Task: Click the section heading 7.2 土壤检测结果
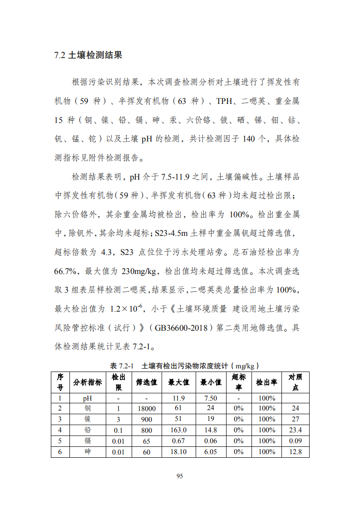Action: [x=88, y=56]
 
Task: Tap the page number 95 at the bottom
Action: [x=179, y=476]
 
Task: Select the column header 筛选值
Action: [x=146, y=382]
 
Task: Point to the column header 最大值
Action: [x=178, y=382]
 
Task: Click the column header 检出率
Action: [x=266, y=382]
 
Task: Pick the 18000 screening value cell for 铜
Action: [x=146, y=408]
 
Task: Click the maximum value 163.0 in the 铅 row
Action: [x=178, y=430]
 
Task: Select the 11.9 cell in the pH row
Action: [x=178, y=398]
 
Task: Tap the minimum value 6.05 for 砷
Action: [x=211, y=452]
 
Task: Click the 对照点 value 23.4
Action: [x=296, y=430]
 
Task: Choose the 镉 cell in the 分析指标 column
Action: [x=88, y=441]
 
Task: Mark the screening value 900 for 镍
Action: [x=146, y=419]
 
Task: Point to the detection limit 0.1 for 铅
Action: [x=118, y=430]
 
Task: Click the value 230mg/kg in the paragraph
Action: [x=139, y=272]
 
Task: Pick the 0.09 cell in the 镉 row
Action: [x=296, y=441]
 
